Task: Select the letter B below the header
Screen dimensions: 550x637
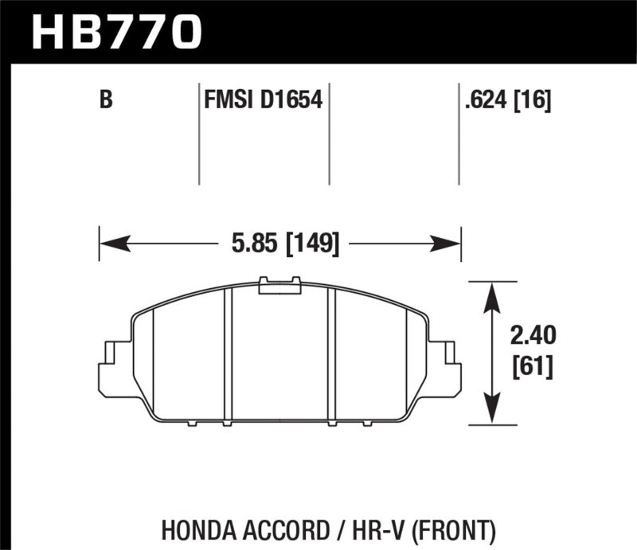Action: (x=105, y=101)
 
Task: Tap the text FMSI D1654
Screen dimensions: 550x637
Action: (x=263, y=101)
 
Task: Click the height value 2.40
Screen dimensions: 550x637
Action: (x=530, y=337)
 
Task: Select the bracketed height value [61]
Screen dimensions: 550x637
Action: (x=530, y=367)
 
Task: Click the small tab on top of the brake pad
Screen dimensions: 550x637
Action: (x=279, y=285)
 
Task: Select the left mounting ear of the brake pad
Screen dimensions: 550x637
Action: (x=114, y=368)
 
